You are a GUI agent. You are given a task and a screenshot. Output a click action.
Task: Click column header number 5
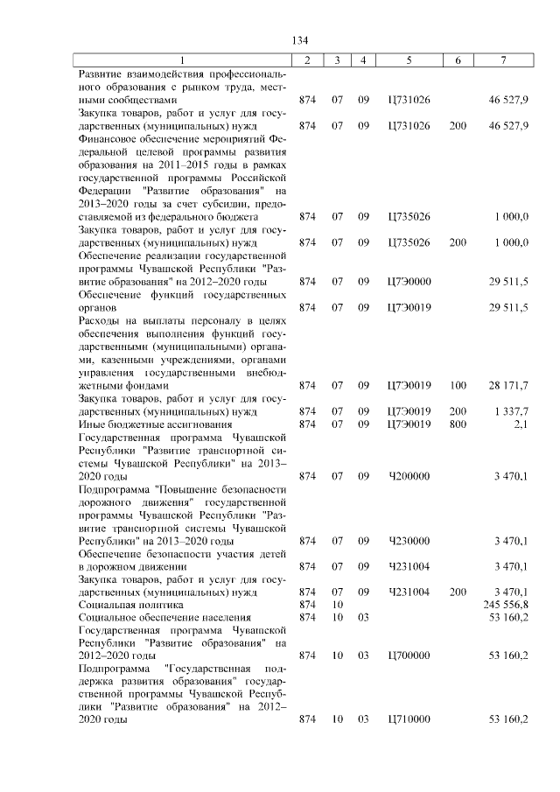409,60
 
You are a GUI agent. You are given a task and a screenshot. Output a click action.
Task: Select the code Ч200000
409,475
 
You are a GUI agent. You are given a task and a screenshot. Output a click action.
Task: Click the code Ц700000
409,655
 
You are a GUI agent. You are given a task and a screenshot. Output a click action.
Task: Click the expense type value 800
458,424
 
